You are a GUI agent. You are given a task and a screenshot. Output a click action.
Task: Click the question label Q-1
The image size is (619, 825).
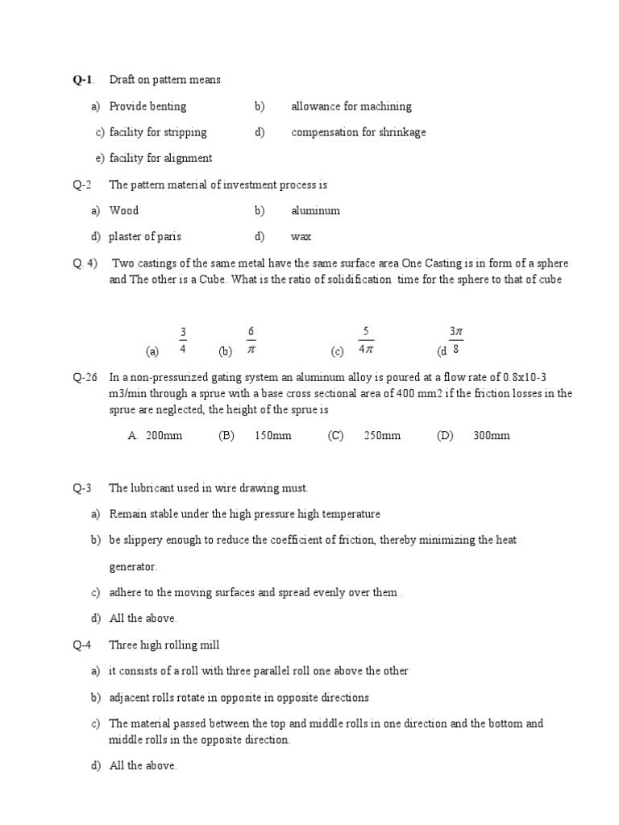coord(83,80)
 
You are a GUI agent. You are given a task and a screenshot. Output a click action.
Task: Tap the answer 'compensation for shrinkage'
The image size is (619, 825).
coord(359,132)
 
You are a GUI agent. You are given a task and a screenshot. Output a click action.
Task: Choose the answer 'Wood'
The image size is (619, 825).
coord(124,211)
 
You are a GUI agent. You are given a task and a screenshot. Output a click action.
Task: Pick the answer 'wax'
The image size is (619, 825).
coord(301,237)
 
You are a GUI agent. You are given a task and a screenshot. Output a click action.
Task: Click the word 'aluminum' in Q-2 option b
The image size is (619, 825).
coord(316,211)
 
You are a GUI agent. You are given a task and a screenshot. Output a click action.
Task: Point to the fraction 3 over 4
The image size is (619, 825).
coord(183,341)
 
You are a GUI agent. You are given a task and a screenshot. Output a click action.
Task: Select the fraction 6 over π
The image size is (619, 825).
coord(251,341)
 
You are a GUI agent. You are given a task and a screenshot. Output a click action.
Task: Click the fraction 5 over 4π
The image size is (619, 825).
coord(366,341)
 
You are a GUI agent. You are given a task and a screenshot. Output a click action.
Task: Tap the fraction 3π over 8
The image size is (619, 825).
coord(456,341)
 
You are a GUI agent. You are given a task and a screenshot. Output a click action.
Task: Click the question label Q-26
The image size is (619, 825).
coord(85,377)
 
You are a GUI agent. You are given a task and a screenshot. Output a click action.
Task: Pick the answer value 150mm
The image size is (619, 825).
coord(272,436)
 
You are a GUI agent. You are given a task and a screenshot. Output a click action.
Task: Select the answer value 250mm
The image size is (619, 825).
coord(382,436)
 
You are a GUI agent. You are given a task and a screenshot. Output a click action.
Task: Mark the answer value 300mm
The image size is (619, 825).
coord(492,436)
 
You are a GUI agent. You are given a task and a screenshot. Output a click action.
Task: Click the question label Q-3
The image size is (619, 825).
coord(83,488)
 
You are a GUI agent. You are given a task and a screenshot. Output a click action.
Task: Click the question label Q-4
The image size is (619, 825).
coord(83,645)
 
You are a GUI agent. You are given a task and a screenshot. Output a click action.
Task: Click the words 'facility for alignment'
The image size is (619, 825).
coord(161,159)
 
